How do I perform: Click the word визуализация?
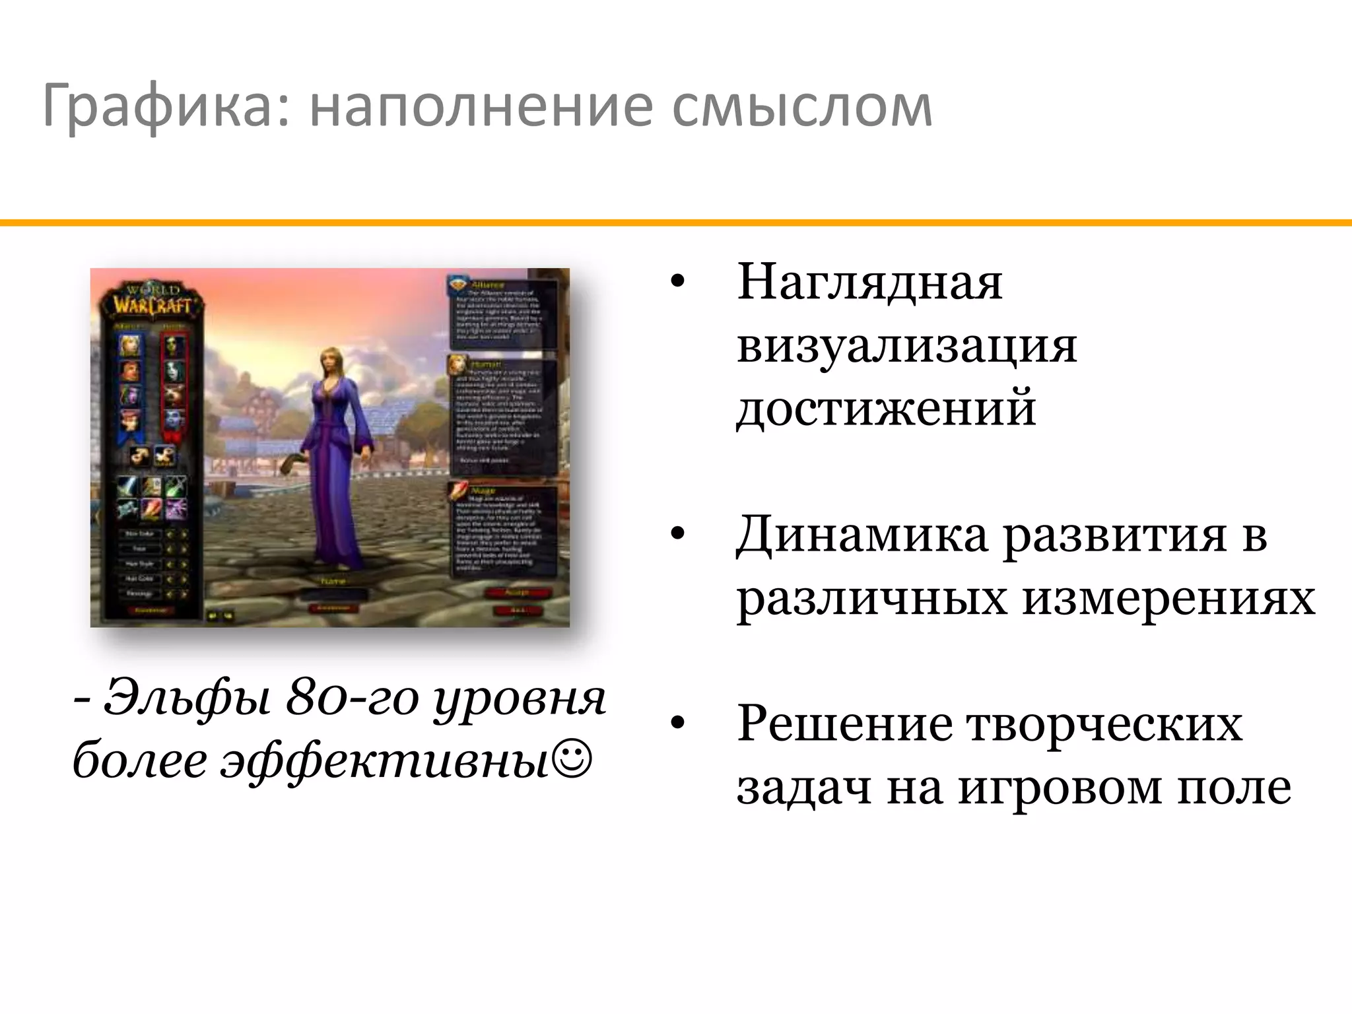point(906,347)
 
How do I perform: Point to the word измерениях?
point(1168,599)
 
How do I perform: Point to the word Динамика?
point(861,535)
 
